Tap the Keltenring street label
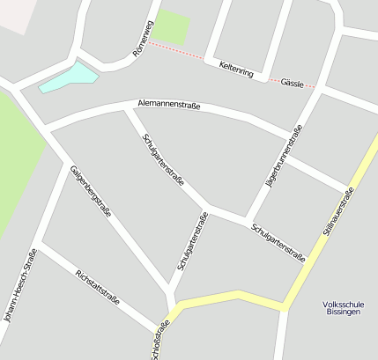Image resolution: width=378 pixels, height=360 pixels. point(235,68)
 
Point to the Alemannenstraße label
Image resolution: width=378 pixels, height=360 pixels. point(169,106)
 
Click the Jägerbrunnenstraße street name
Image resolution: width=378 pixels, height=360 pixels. point(284,158)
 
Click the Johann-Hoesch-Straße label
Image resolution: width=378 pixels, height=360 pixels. point(19,285)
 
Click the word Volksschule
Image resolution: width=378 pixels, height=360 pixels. point(344,305)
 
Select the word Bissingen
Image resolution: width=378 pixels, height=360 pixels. point(343,312)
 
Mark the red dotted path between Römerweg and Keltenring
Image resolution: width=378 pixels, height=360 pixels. point(176,50)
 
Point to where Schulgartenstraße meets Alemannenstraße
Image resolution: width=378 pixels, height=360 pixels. point(129,109)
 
